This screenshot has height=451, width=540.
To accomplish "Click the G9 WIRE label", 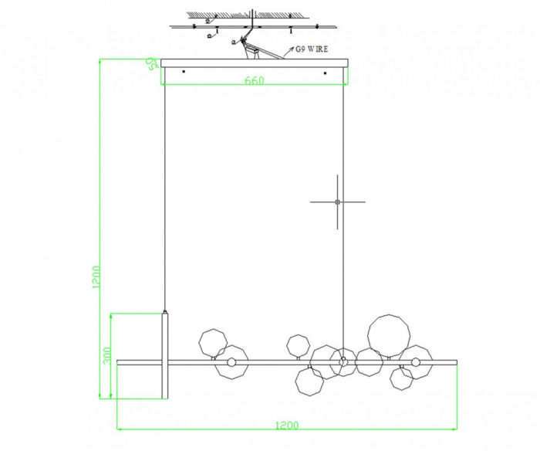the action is tap(312, 49).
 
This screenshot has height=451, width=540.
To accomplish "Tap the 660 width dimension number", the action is tap(255, 80).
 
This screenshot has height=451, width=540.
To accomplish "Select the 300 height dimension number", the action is tap(108, 355).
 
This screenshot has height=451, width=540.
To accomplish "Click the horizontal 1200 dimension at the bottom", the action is tap(287, 426).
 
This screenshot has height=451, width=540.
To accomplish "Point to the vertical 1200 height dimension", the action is tap(96, 277).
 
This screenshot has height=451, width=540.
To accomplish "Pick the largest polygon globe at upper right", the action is tap(389, 336).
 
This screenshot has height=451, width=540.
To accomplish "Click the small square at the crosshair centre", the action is tap(338, 202).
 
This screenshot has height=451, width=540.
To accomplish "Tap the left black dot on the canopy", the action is tap(184, 72).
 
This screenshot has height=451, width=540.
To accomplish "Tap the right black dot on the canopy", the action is tap(325, 73).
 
